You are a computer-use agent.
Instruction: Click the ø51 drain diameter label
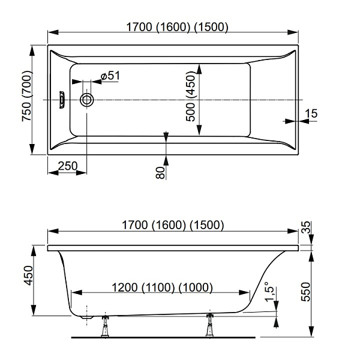(x=110, y=76)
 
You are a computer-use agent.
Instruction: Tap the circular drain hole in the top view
(x=87, y=100)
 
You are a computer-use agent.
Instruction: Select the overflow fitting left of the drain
(x=62, y=100)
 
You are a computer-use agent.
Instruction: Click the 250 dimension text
(x=68, y=166)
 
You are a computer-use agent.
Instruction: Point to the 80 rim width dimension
(x=160, y=173)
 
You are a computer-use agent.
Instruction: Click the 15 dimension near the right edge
(x=311, y=113)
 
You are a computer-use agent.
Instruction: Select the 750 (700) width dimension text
(x=27, y=96)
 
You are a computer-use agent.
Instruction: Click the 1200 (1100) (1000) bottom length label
(x=163, y=287)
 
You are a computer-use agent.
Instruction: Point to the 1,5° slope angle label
(x=269, y=292)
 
